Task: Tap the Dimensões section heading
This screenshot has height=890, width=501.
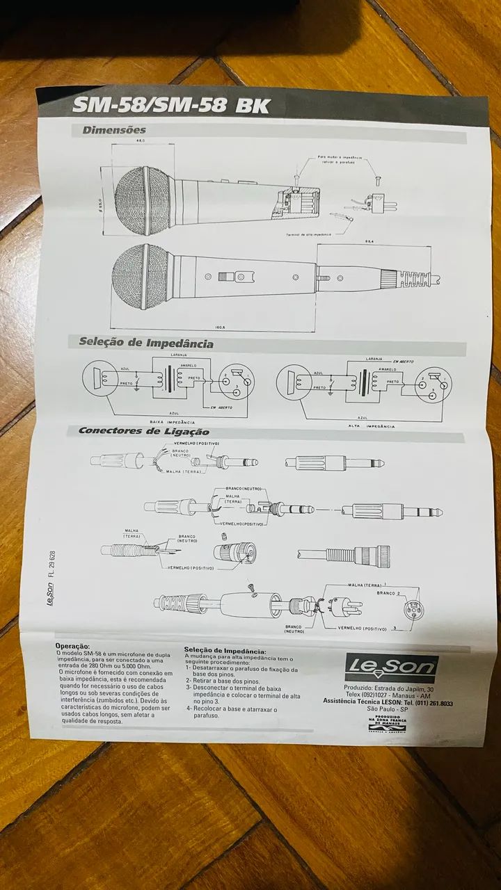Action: (114, 130)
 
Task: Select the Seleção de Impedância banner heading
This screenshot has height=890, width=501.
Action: (145, 343)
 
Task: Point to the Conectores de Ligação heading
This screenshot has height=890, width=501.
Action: (143, 431)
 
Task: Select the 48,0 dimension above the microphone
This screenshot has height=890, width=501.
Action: (141, 141)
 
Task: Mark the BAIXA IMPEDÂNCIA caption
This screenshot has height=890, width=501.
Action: (172, 421)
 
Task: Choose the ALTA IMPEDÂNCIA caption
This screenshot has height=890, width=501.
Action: (366, 425)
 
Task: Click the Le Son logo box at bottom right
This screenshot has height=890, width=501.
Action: (392, 667)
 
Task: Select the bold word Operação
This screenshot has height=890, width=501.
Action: (72, 646)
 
